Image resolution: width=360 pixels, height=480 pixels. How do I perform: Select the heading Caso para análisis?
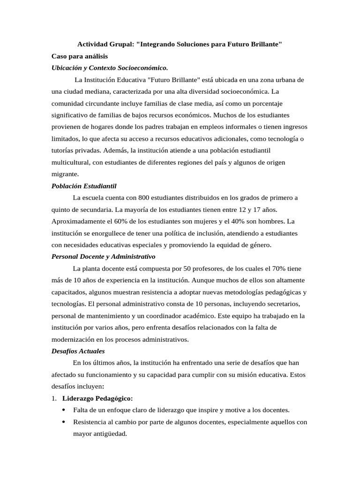click(x=80, y=56)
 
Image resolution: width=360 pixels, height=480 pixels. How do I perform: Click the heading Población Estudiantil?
click(x=84, y=186)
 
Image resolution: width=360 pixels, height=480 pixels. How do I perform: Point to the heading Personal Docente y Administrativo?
click(x=103, y=257)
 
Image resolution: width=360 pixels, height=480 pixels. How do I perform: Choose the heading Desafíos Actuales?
click(x=78, y=351)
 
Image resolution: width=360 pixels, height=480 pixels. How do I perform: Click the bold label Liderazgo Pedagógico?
click(x=98, y=398)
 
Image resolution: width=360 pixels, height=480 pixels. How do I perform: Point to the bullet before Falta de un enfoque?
click(x=63, y=410)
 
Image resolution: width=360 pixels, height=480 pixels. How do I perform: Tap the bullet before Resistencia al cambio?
click(x=63, y=422)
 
